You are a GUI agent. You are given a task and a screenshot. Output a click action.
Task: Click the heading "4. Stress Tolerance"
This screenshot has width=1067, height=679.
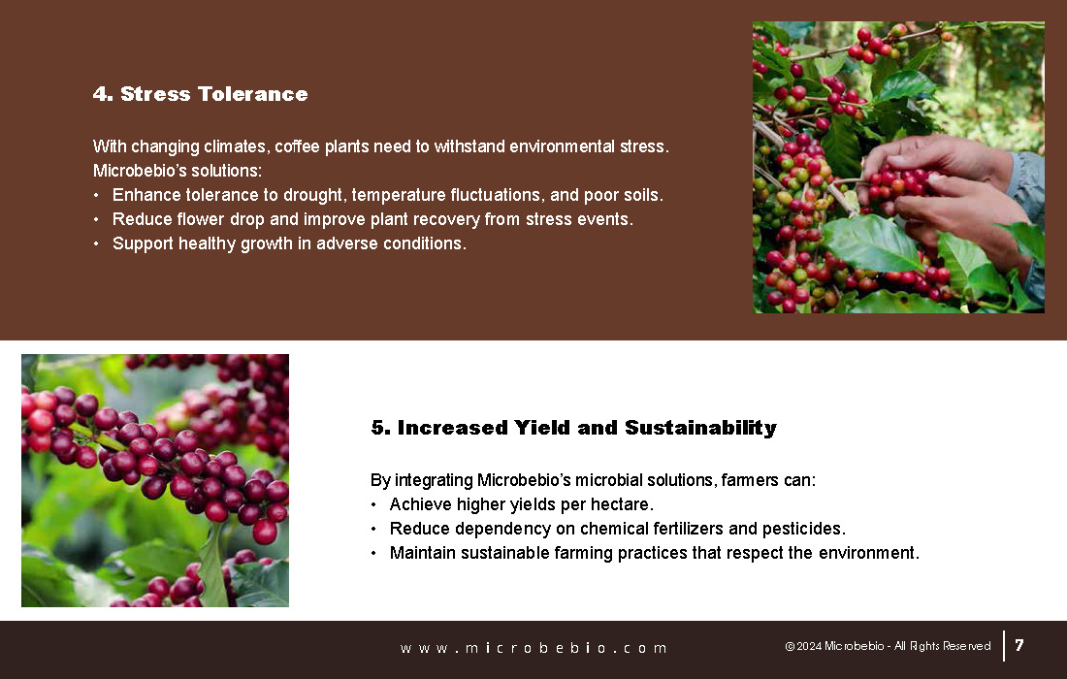(200, 94)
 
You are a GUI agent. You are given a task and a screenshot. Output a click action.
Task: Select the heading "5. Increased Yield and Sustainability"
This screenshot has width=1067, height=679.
(573, 427)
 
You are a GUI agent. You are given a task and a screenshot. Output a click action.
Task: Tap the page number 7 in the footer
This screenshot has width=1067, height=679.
(1019, 645)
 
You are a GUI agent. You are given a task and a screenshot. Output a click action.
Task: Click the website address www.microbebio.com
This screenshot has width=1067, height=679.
(533, 648)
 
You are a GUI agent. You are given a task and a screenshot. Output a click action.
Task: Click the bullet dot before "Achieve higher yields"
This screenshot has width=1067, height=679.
(373, 504)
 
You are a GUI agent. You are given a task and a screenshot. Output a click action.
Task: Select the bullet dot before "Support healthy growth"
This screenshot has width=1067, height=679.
(96, 243)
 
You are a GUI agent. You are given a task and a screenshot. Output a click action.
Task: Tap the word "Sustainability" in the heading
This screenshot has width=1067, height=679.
(701, 427)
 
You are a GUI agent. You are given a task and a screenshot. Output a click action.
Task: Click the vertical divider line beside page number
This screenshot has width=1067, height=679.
(1004, 646)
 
